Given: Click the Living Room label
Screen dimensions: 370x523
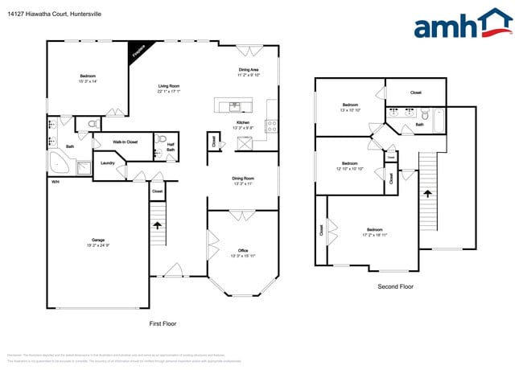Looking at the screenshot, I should click(x=168, y=88).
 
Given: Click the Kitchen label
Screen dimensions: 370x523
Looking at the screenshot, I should click(x=242, y=125).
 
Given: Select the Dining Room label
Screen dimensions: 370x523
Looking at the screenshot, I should click(x=242, y=181).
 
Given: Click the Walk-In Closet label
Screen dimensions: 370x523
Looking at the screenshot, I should click(x=125, y=142).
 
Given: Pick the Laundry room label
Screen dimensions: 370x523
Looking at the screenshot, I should click(x=108, y=163).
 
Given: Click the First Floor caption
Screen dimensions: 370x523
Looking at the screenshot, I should click(x=163, y=323).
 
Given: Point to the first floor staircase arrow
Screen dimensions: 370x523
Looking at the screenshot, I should click(x=158, y=226).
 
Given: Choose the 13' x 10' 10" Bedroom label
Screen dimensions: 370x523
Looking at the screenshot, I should click(x=351, y=107).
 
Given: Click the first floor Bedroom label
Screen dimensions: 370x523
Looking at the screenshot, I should click(x=88, y=79).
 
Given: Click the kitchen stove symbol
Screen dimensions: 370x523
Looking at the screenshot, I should click(x=271, y=125).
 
